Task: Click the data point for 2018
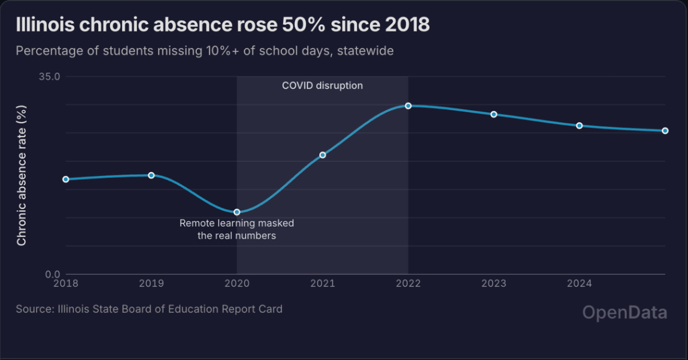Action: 66,179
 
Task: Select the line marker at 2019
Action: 151,175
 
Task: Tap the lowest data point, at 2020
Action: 236,212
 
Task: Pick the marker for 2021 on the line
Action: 322,155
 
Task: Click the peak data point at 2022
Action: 408,106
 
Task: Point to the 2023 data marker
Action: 494,114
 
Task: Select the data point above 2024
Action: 579,126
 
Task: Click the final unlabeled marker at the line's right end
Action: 665,131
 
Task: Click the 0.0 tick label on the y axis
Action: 52,274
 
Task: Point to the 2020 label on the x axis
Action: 236,284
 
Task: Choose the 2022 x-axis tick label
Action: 408,284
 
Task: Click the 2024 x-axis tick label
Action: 579,284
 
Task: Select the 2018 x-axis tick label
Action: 66,284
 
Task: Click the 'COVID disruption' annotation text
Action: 322,86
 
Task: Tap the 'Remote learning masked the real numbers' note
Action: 236,230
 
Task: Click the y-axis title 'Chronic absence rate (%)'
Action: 21,175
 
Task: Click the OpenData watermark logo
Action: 624,313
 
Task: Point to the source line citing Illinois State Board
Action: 149,310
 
